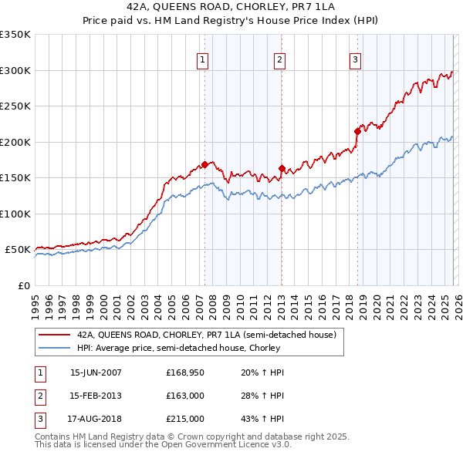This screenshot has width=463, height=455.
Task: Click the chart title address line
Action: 231,8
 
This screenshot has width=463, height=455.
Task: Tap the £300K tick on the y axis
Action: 15,70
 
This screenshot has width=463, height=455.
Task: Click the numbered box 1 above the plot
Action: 202,59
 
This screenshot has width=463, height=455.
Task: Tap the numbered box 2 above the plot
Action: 279,59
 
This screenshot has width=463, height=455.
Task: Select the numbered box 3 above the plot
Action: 355,59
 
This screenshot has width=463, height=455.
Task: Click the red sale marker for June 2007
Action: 204,164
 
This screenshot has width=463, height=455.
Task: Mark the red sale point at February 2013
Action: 282,168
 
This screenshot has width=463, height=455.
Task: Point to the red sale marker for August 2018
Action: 357,131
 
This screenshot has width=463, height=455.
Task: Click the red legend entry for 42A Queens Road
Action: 206,335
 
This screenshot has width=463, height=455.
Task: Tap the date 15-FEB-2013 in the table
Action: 96,396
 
